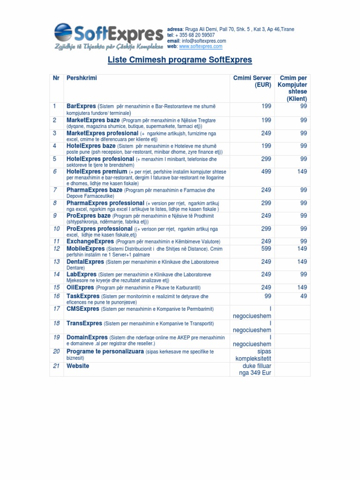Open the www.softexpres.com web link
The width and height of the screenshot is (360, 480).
point(201,46)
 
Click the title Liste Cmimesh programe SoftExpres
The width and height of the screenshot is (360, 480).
point(180,60)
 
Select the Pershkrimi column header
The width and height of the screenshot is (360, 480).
point(82,78)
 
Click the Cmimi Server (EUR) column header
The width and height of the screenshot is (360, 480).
point(252,81)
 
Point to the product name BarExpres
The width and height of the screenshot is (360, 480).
point(81,106)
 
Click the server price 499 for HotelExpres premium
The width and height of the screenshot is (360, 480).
point(266,172)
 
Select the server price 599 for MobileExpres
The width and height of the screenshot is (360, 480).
point(266,248)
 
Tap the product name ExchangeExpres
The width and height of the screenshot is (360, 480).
point(90,241)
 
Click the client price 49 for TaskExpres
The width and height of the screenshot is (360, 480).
point(303,296)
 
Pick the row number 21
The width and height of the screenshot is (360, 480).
point(56,366)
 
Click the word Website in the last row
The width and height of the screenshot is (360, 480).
point(78,366)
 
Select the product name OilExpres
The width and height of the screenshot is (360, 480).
point(80,287)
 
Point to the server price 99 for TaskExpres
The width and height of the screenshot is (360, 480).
point(268,296)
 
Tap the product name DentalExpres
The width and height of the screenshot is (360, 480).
point(85,262)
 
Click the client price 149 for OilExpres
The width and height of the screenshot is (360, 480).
point(302,287)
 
